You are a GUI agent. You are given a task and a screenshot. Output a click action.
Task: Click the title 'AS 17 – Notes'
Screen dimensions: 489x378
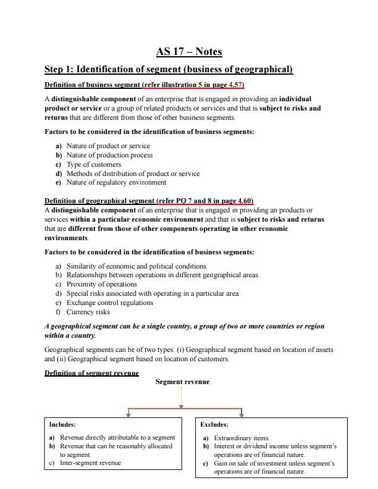tap(189, 51)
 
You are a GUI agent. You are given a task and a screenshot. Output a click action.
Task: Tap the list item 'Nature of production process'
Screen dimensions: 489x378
tap(109, 155)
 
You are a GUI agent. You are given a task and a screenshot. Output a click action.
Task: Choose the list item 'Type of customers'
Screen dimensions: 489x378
tap(93, 164)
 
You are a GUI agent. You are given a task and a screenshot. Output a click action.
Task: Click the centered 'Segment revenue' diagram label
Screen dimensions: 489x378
tap(182, 382)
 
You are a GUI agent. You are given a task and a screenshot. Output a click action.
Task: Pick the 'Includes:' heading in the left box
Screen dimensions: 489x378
tap(62, 425)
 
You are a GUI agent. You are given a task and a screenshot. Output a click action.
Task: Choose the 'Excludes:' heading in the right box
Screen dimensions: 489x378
tap(214, 425)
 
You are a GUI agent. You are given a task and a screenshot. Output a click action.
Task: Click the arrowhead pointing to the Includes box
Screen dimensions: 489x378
tap(128, 414)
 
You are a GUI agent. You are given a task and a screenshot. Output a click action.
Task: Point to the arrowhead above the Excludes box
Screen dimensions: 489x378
tap(241, 414)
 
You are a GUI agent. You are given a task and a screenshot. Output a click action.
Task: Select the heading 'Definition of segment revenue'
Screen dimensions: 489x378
tap(91, 373)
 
